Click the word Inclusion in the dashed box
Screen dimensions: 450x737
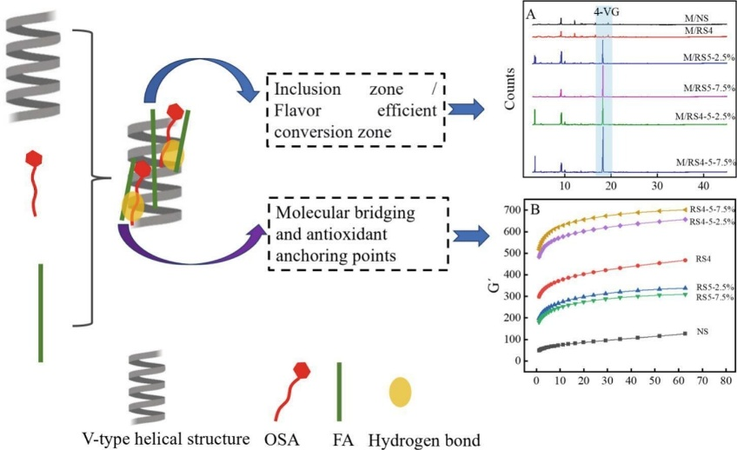(302, 90)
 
